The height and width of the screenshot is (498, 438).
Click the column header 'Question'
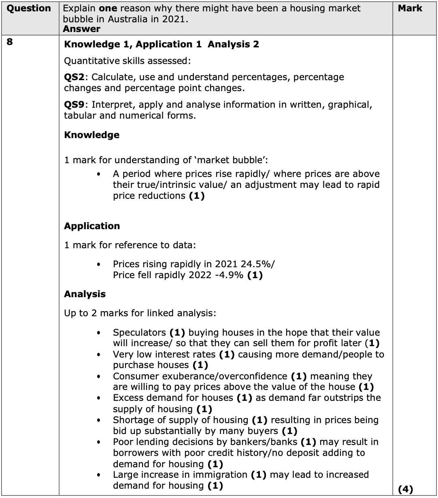click(x=29, y=9)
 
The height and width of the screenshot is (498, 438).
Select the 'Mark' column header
click(x=410, y=9)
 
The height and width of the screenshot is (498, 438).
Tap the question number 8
click(x=10, y=42)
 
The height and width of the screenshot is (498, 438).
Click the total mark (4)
click(x=405, y=489)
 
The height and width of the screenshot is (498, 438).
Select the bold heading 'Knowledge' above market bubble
click(x=91, y=135)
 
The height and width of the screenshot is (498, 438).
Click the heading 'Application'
click(x=92, y=226)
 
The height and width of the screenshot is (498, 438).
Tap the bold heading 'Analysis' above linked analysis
click(x=85, y=294)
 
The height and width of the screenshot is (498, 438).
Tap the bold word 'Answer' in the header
click(x=82, y=29)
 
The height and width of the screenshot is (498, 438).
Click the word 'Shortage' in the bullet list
click(x=133, y=420)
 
